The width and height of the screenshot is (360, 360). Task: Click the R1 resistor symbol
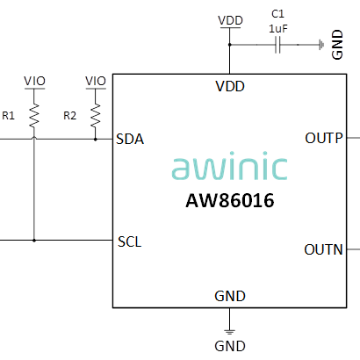(34, 115)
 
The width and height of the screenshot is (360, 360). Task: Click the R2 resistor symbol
(96, 115)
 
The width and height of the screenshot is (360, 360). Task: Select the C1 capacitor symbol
(277, 45)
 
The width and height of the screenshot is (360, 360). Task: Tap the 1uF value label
(278, 29)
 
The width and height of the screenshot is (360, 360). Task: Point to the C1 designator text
(277, 14)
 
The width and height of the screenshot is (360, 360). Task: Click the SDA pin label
(130, 139)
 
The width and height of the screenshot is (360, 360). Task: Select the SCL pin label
(130, 241)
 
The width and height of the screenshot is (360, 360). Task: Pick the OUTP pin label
(324, 138)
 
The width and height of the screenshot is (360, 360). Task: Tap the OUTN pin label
(323, 249)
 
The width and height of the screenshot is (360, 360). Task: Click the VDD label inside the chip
(230, 86)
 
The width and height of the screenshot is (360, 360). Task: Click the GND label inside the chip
(230, 296)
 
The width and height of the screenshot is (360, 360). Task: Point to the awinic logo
(229, 166)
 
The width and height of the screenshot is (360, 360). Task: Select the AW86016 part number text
(230, 200)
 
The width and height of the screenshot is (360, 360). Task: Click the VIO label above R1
(34, 81)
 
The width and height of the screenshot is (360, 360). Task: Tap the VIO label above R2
(96, 81)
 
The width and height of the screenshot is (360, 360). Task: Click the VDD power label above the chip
(230, 20)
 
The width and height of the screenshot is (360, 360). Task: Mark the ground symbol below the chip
(230, 332)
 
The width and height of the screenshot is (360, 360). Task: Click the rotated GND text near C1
(337, 45)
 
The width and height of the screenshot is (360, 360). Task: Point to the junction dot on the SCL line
(34, 241)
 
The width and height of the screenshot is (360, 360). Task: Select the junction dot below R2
(96, 140)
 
